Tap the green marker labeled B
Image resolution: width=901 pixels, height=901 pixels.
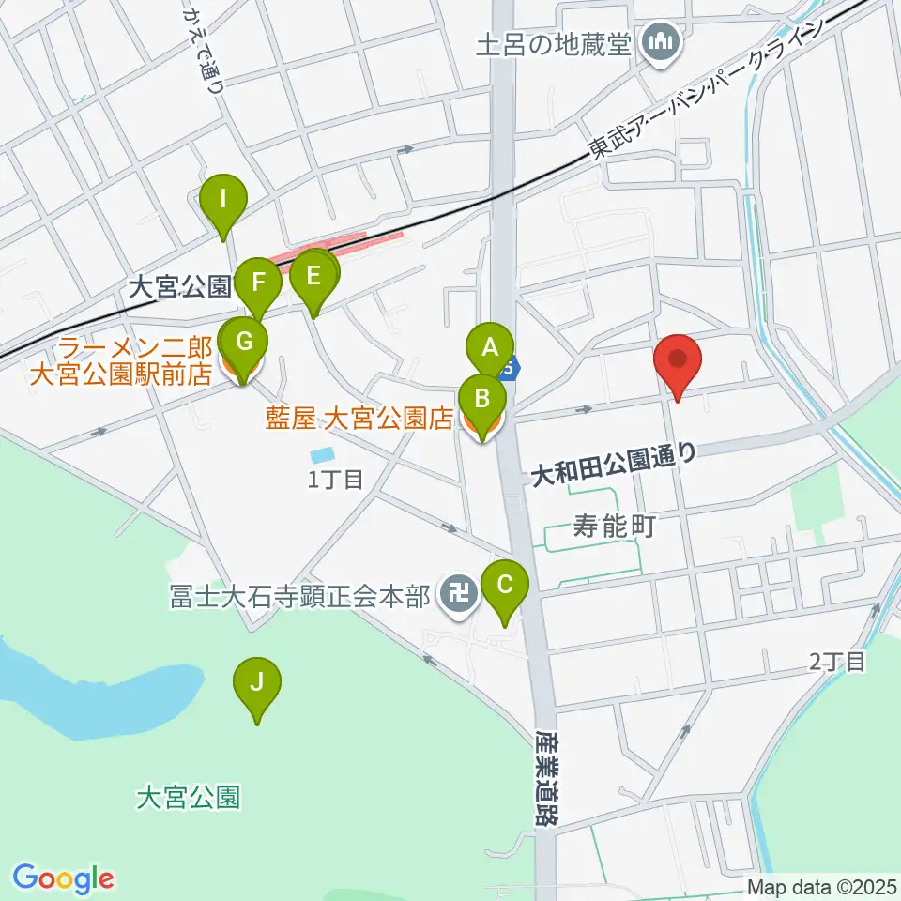(481, 399)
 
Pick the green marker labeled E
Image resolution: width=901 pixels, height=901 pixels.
(313, 275)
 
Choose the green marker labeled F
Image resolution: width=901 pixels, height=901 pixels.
(258, 280)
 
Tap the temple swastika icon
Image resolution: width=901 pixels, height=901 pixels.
(458, 594)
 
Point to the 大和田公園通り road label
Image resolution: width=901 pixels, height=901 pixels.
(614, 458)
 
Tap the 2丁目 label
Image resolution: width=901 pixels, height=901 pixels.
(838, 662)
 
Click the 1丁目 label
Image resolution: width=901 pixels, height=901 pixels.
(336, 480)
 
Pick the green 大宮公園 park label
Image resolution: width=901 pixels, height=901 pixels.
(189, 798)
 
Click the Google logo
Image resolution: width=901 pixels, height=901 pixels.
(63, 878)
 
